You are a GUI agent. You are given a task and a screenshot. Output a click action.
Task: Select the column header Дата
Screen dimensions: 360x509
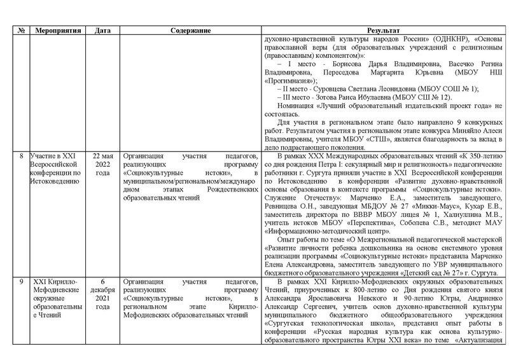(102, 31)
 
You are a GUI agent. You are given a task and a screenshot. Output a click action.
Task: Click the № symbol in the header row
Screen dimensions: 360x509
(20, 31)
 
